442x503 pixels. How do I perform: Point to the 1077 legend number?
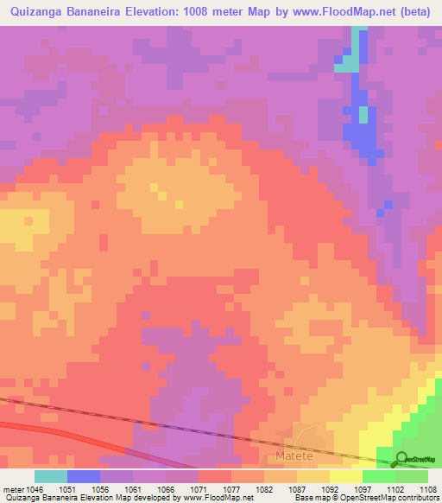[x=232, y=488]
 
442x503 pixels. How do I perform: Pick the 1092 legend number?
[x=330, y=488]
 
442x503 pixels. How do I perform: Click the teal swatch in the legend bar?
[x=51, y=476]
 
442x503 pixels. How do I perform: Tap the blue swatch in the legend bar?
[x=84, y=476]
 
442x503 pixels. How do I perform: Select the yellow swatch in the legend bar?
[x=346, y=476]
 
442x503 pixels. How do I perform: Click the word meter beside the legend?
[x=12, y=488]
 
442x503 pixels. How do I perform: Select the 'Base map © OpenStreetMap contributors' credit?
[x=366, y=498]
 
